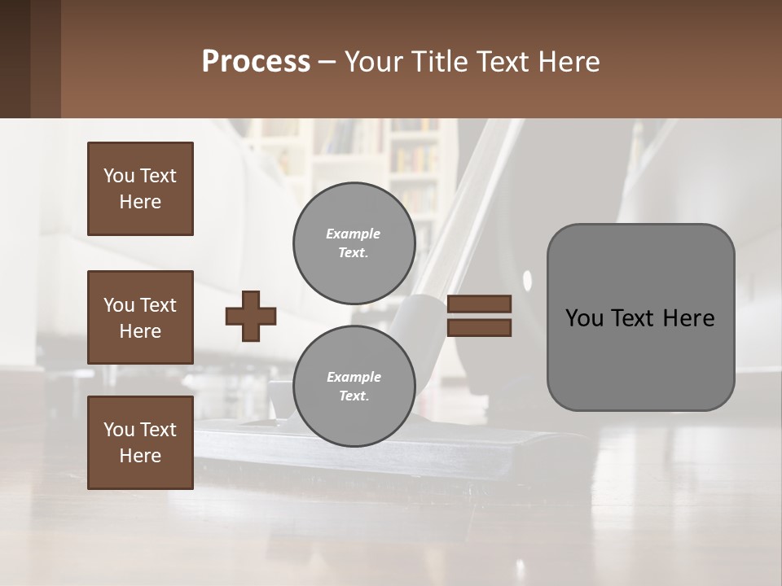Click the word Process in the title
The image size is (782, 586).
point(256,62)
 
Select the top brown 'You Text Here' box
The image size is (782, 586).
point(140,189)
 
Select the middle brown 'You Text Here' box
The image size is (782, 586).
point(140,317)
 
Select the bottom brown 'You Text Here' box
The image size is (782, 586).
point(140,443)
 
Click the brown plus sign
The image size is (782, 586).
point(251,316)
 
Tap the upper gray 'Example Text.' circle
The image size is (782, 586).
point(354,243)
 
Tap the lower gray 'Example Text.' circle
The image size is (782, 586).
point(354,387)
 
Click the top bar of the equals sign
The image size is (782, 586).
point(480,304)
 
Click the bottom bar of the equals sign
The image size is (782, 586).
point(480,328)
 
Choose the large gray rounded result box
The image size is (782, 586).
point(640,317)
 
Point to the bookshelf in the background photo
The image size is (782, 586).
point(411,163)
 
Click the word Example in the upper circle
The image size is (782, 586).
point(354,234)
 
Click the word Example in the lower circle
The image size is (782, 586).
point(354,377)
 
